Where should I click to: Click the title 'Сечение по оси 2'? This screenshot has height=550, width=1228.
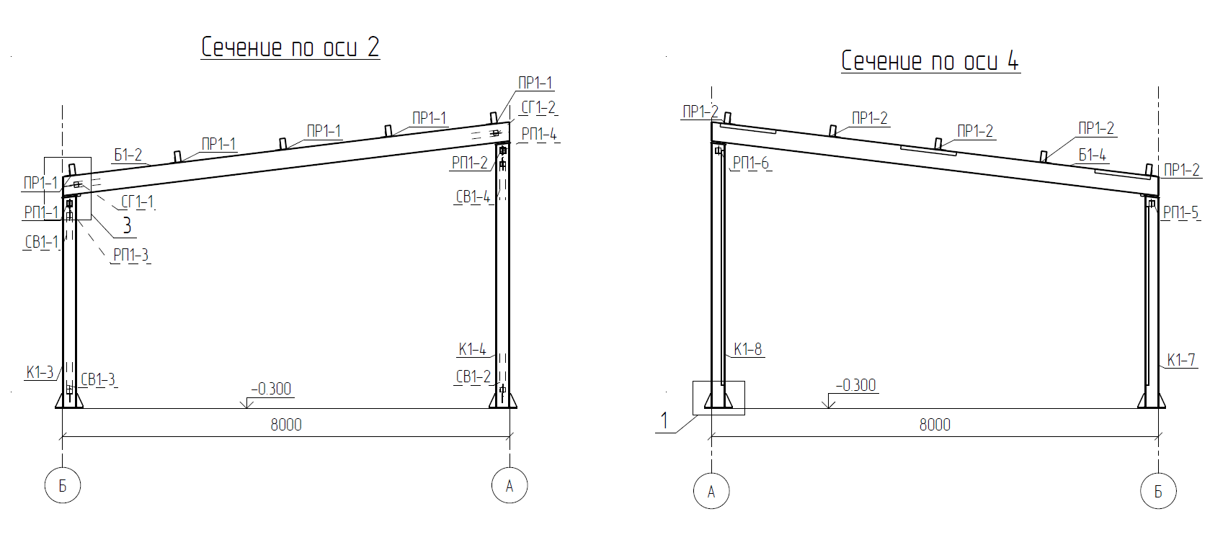[290, 47]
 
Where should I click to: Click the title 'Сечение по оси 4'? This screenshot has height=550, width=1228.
[930, 60]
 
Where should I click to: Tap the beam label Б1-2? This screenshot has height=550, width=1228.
[128, 155]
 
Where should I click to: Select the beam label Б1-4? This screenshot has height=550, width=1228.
[1093, 155]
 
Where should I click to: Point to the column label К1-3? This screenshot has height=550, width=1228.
[40, 372]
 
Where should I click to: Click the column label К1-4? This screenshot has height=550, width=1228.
[473, 349]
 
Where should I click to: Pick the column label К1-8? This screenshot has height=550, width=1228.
[748, 349]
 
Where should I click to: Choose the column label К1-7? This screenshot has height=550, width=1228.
[1181, 360]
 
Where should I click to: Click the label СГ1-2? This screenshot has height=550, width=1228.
[538, 107]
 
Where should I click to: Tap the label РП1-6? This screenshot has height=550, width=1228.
[751, 163]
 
